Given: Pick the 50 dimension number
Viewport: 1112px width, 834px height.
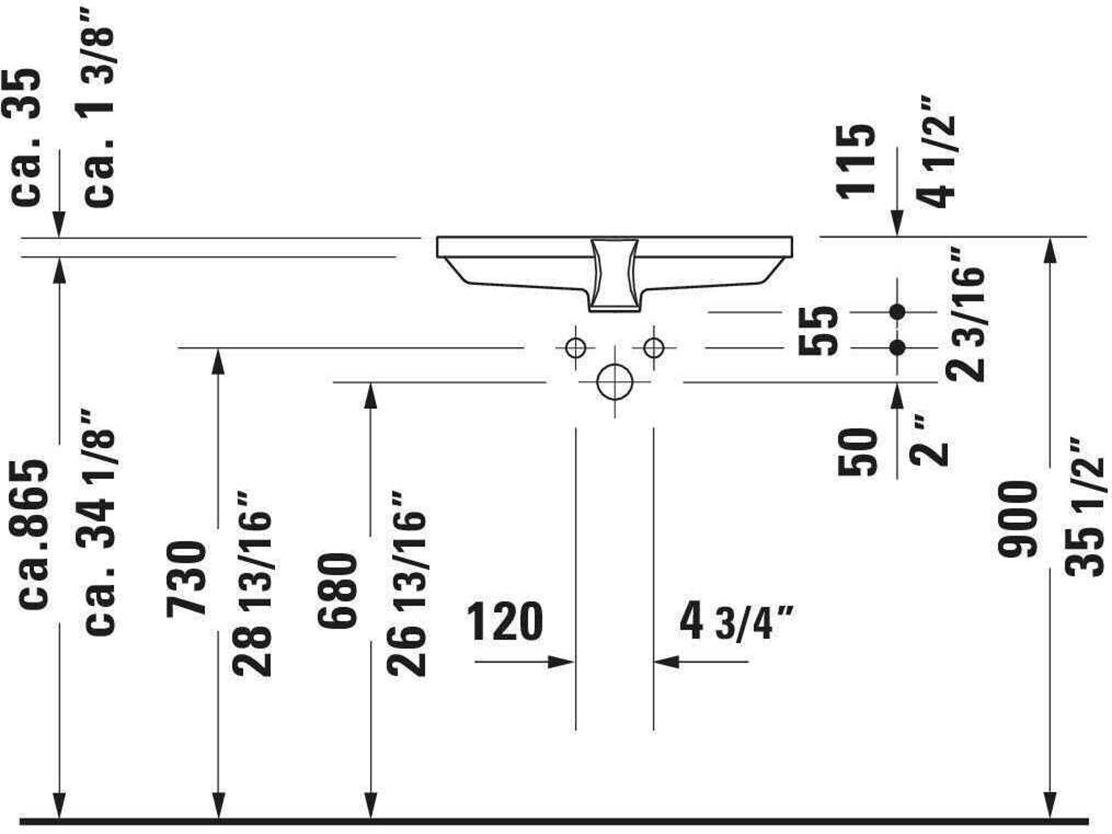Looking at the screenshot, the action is [857, 451].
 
